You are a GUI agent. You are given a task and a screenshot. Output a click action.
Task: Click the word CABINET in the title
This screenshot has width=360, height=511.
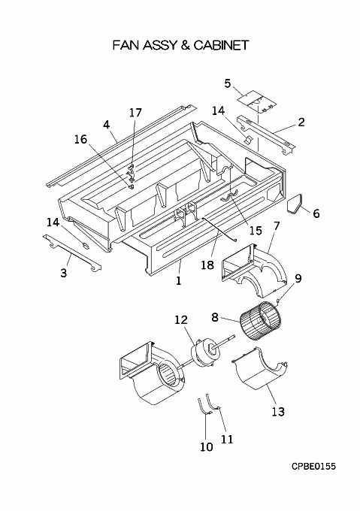(221, 45)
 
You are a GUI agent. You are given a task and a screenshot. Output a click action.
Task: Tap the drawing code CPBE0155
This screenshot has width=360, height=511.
(313, 467)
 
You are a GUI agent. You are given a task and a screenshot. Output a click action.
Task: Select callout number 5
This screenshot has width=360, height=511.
(228, 83)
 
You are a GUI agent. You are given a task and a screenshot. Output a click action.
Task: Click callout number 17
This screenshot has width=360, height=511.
(135, 113)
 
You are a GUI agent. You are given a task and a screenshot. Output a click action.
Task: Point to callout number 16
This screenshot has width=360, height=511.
(80, 139)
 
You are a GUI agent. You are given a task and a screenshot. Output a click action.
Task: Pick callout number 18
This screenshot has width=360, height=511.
(207, 265)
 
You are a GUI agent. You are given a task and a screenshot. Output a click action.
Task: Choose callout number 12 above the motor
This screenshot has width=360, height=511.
(181, 319)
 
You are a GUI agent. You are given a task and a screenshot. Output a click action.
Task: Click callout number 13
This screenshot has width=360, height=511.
(278, 412)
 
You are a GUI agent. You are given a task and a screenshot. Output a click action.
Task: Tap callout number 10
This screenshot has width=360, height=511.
(206, 447)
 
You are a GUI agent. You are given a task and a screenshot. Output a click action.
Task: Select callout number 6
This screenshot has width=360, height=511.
(316, 213)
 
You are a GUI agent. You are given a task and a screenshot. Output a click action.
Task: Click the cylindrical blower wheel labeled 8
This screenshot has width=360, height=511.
(260, 322)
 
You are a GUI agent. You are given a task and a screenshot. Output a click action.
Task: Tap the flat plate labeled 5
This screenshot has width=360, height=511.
(257, 102)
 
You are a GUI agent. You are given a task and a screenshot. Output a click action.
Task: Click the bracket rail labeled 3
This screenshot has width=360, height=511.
(72, 252)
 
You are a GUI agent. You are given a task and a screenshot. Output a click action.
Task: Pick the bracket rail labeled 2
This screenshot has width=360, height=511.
(266, 135)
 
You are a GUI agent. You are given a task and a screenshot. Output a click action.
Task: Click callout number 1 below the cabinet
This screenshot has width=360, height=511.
(179, 280)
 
